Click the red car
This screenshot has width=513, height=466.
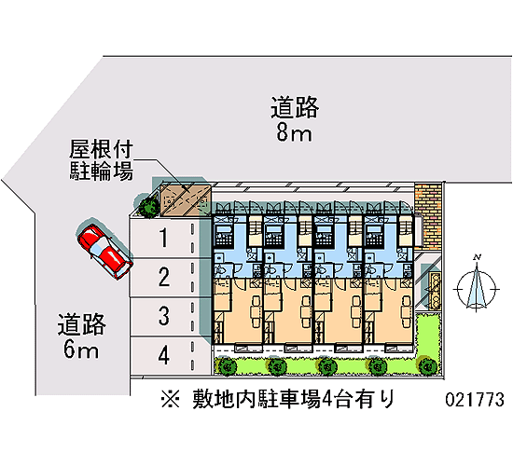coord(104,251)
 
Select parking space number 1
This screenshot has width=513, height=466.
coord(170,238)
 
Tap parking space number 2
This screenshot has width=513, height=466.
coord(170,278)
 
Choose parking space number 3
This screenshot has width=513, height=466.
coord(170,317)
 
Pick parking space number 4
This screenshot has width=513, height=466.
coord(170,356)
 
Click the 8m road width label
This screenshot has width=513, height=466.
coord(294,133)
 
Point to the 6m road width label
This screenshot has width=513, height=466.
coord(81,349)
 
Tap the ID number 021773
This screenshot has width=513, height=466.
coord(475,399)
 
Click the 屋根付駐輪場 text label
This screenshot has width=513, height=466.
coord(101,160)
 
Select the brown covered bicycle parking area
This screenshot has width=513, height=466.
coord(186,199)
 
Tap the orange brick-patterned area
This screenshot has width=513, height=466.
coord(427,215)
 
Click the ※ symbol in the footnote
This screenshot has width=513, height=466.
coord(170,399)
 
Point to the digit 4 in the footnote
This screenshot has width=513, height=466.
coord(327,399)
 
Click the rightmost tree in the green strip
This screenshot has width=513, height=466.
coord(427,366)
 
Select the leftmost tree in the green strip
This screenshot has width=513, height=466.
coord(228,366)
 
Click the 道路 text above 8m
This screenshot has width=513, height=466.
coord(295,107)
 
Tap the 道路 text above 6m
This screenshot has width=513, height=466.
coord(81,324)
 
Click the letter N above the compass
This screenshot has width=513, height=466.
coord(478,257)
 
